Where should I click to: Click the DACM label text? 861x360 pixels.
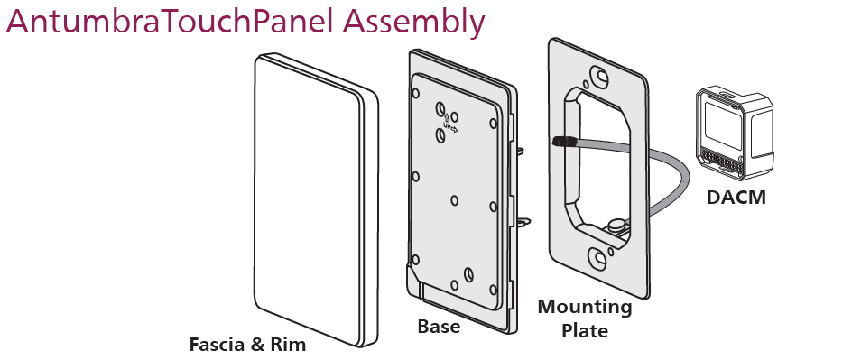pyautogui.click(x=736, y=198)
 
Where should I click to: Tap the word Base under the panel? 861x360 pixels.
pyautogui.click(x=439, y=327)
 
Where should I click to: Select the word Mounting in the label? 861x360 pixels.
pyautogui.click(x=584, y=308)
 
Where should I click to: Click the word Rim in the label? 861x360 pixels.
pyautogui.click(x=288, y=345)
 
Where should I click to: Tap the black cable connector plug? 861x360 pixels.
pyautogui.click(x=564, y=142)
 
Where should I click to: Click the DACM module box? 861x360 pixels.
pyautogui.click(x=734, y=134)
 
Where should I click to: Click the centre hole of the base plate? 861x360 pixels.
pyautogui.click(x=454, y=201)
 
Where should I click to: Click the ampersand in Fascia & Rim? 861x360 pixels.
pyautogui.click(x=256, y=346)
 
